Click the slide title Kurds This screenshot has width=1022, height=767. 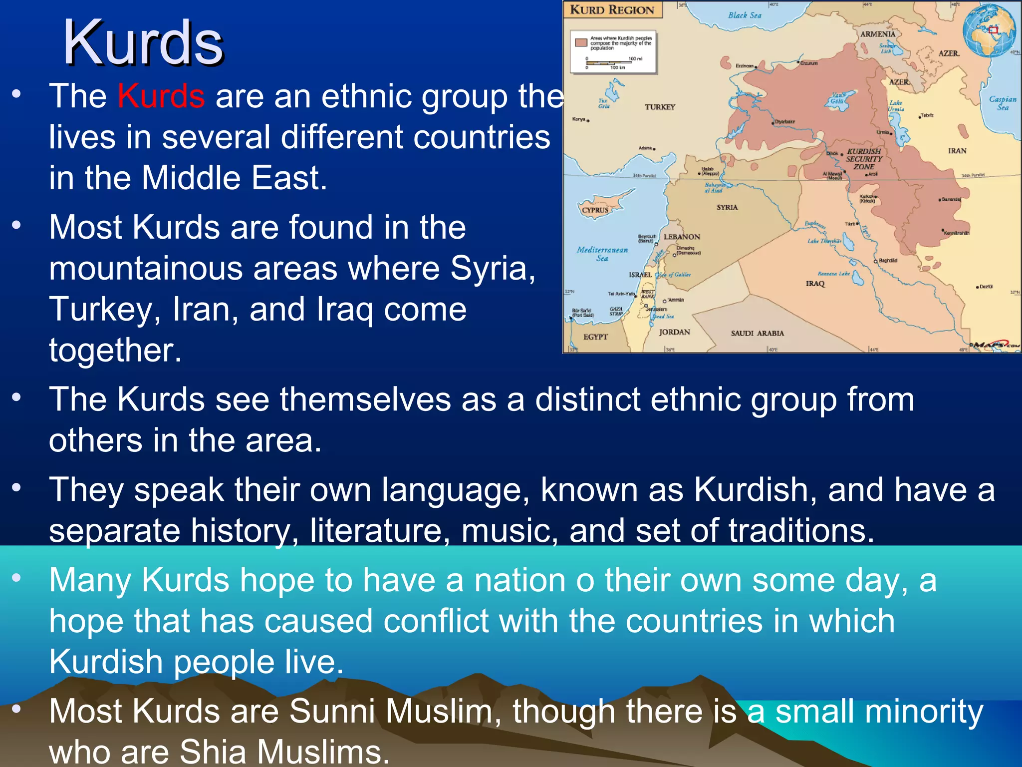pos(143,43)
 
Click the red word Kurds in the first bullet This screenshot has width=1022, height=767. pos(161,96)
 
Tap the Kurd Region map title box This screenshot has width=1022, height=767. pos(612,10)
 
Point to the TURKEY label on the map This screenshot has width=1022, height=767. pos(660,107)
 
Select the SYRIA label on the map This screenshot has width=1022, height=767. pos(727,207)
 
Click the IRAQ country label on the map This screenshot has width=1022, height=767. pos(815,284)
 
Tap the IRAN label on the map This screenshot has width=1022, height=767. pos(957,151)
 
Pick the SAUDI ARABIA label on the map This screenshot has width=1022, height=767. pos(757,333)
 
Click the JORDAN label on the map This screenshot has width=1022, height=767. pos(674,332)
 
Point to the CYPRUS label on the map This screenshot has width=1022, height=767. pos(595,210)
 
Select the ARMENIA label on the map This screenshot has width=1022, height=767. pos(878,34)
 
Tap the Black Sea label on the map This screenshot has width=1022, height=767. pos(745,15)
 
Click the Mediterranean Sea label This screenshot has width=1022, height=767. pos(602,254)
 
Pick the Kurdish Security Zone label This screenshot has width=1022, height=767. pos(864,159)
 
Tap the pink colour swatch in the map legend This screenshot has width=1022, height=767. pos(581,42)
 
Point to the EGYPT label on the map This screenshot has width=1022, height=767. pos(595,337)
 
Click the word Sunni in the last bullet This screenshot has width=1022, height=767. pos(331,711)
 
